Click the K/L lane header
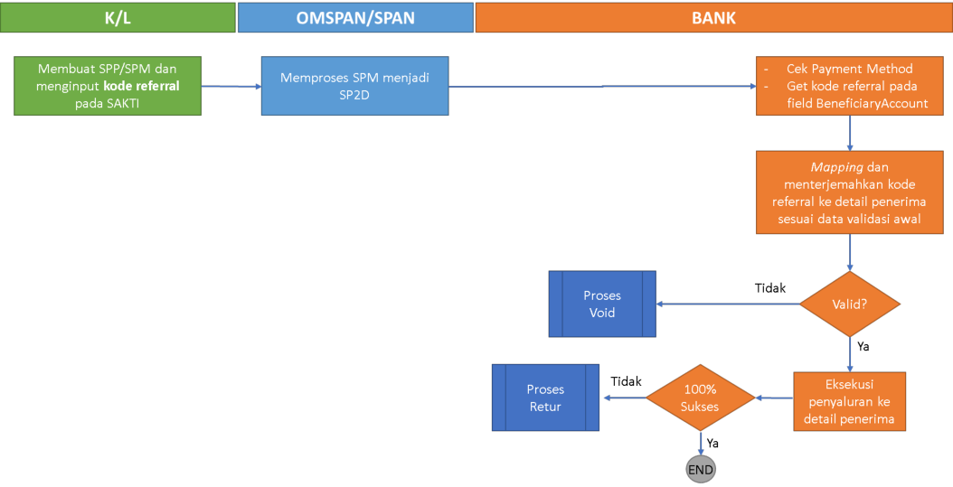(x=118, y=17)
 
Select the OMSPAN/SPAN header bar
(x=355, y=17)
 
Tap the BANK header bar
(x=713, y=17)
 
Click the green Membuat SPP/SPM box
(x=108, y=86)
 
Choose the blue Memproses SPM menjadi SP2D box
(x=354, y=86)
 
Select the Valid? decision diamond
(x=850, y=304)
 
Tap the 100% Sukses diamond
(x=699, y=398)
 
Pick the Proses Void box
(x=601, y=304)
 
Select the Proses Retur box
(x=544, y=398)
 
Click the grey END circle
(x=701, y=470)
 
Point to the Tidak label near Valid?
(x=770, y=288)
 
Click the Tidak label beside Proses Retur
(x=626, y=381)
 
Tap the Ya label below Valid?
(x=863, y=345)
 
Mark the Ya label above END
(x=712, y=443)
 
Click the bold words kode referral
(x=139, y=86)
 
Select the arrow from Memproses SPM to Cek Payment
(x=602, y=87)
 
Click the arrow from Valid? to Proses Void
(x=728, y=304)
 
